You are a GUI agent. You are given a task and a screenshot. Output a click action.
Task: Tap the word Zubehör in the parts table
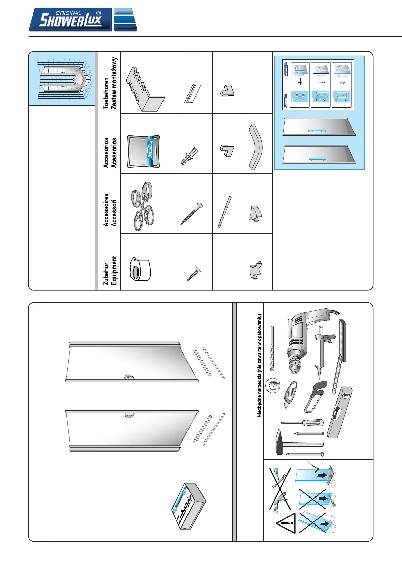[x=106, y=274]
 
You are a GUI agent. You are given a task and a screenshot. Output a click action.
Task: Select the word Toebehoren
[x=106, y=93]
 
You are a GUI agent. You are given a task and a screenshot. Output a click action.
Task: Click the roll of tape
[x=140, y=269]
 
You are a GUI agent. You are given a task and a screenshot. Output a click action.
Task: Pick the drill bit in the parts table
[x=224, y=212]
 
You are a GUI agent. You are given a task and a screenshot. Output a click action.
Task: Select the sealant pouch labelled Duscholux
[x=144, y=151]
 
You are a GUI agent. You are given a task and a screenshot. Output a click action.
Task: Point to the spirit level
[x=340, y=412]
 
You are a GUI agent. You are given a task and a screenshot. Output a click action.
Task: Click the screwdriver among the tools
[x=302, y=423]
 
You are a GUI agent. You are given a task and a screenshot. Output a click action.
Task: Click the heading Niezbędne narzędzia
[x=259, y=365]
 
